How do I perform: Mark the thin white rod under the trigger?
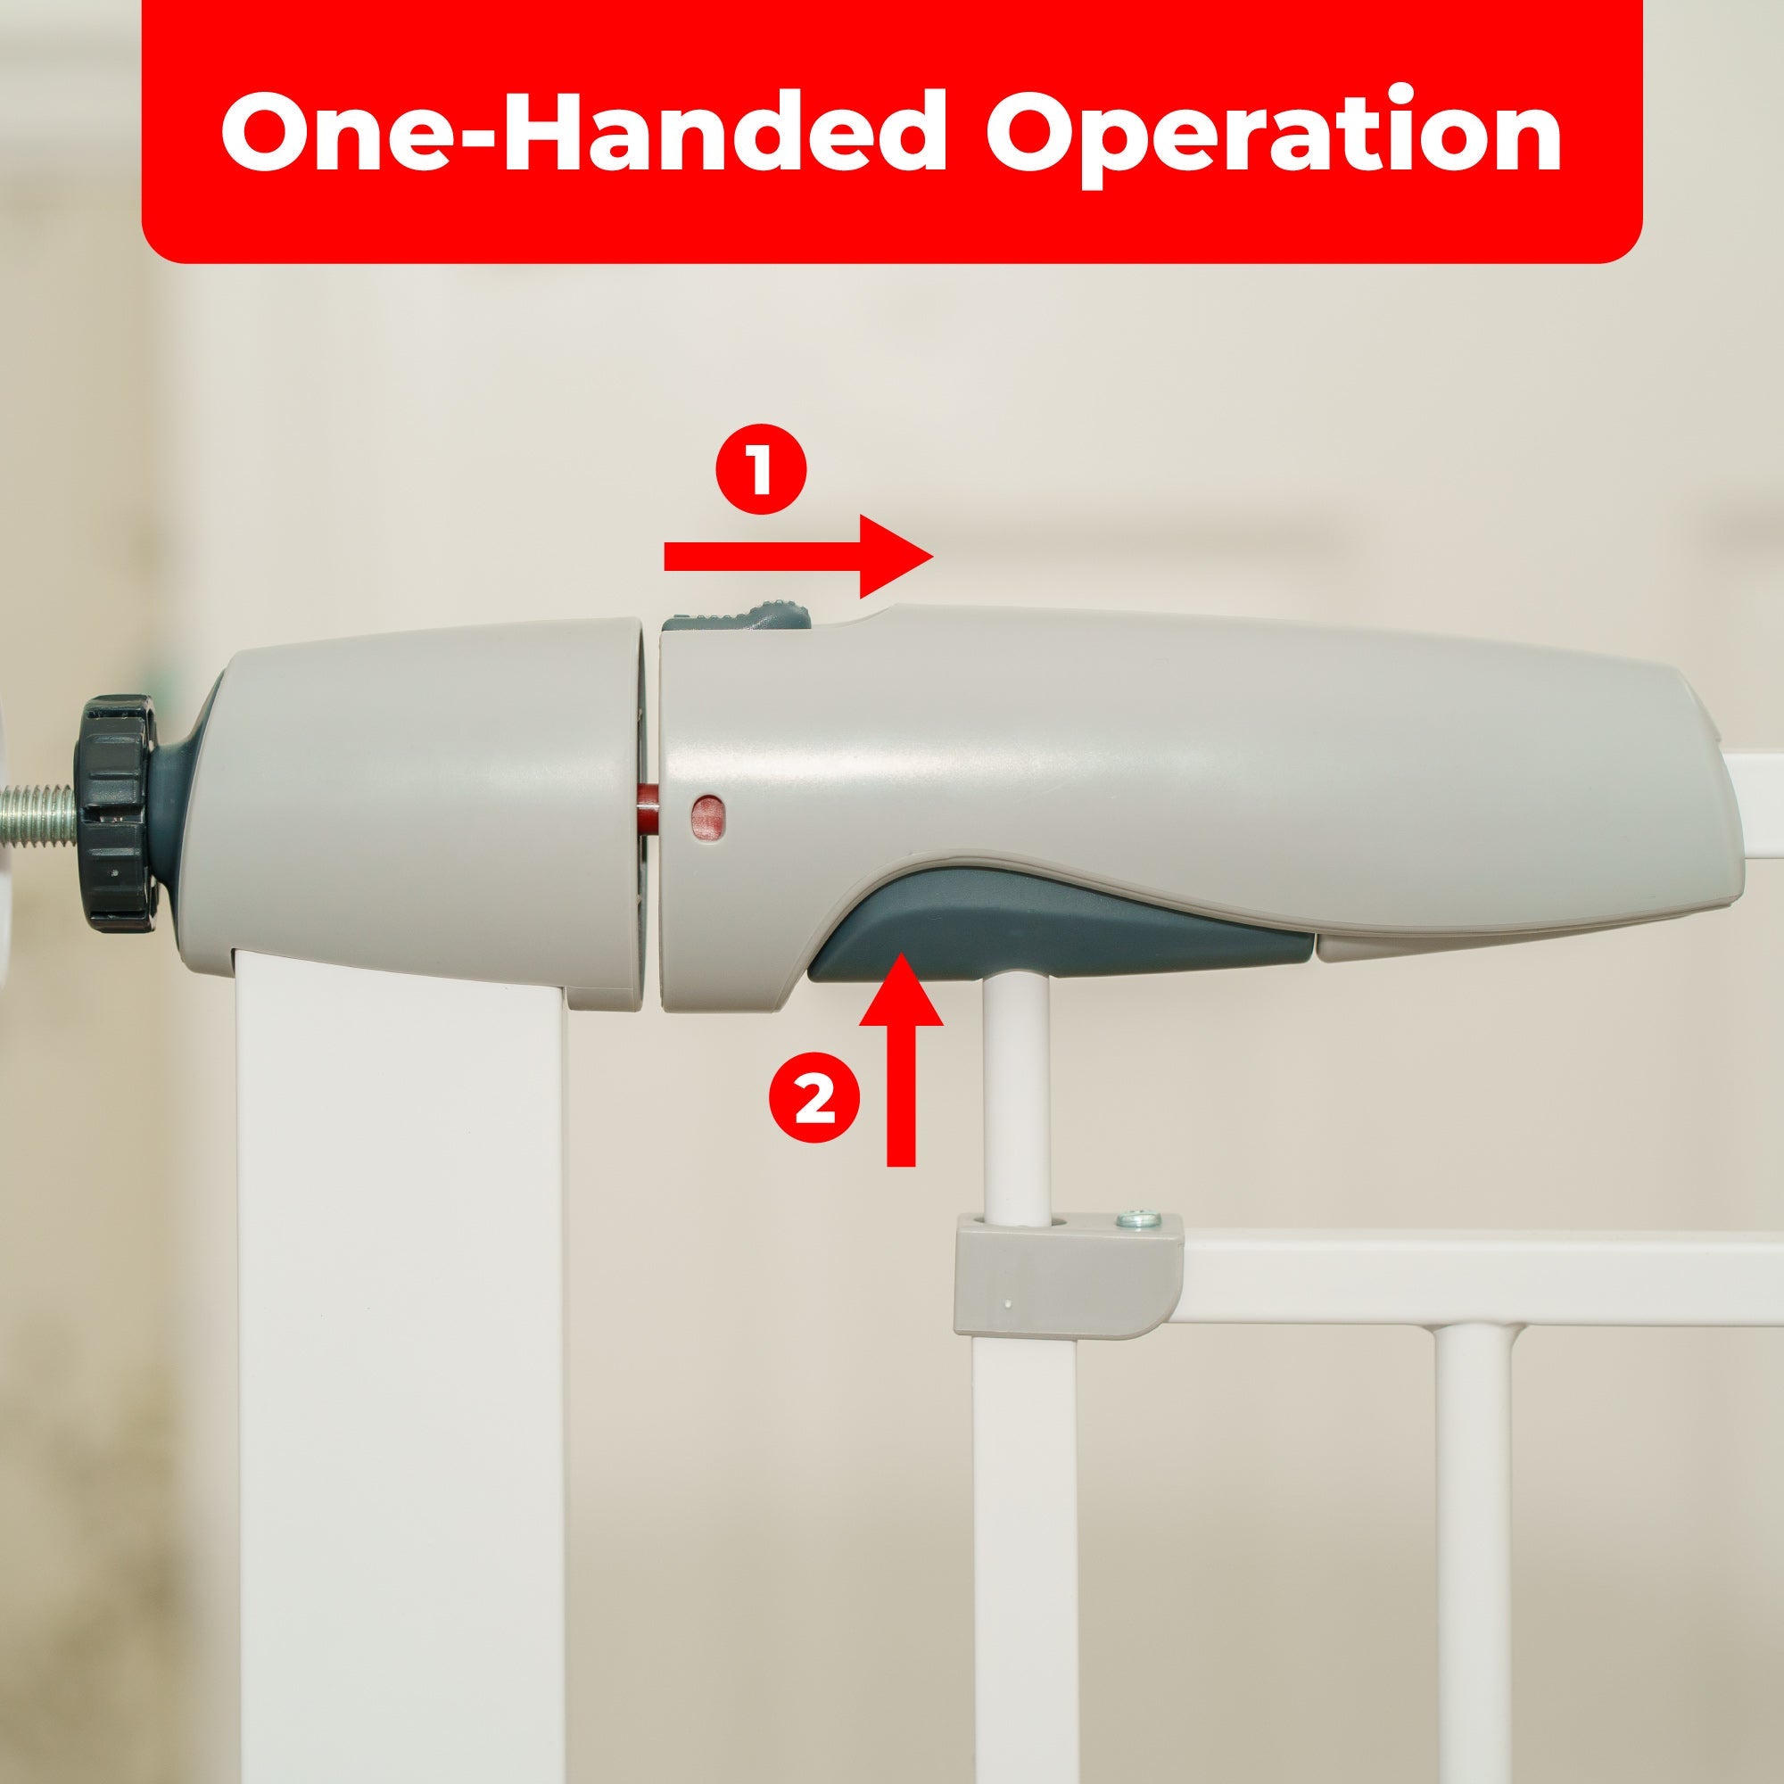point(1016,1108)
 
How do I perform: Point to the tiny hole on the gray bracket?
point(1008,1305)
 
